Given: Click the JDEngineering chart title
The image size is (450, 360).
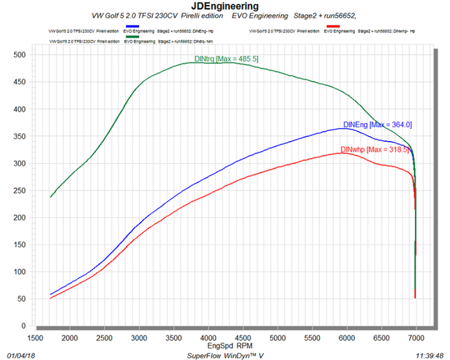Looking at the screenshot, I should tap(225, 6).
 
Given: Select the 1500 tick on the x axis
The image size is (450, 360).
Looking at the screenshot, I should tap(35, 337).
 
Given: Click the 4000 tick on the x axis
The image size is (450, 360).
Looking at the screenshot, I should tap(208, 337).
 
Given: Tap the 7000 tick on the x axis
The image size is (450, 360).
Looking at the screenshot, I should tap(416, 337).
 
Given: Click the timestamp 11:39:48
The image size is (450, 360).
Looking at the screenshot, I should tap(429, 356).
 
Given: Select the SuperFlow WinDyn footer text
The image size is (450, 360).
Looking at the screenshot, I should tap(225, 356).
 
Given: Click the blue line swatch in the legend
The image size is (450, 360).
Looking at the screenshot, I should tap(133, 26).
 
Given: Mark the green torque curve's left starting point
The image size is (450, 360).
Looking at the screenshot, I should tap(51, 197).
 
